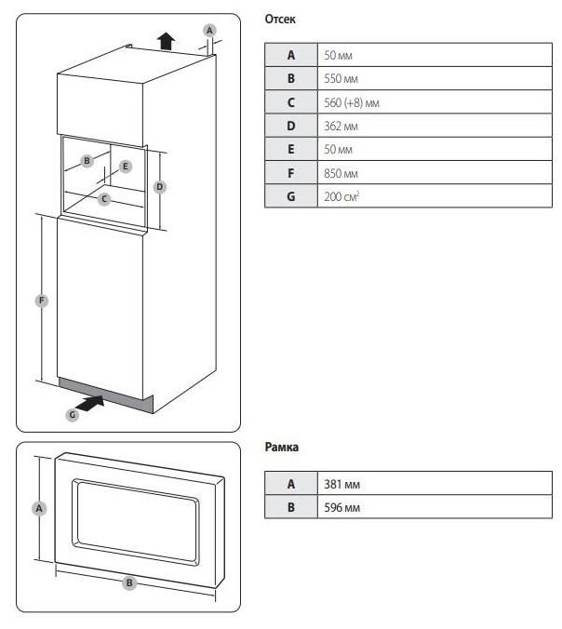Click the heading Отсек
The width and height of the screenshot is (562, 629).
tap(281, 20)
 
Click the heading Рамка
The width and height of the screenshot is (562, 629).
tap(282, 448)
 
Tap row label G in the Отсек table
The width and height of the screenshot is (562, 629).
tap(290, 197)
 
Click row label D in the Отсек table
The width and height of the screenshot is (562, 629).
tap(290, 126)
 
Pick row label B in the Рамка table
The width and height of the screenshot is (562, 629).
tap(290, 508)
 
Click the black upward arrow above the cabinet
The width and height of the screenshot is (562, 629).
tap(166, 40)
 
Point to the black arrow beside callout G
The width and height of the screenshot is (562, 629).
tap(91, 404)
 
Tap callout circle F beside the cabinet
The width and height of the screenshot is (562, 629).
tap(41, 301)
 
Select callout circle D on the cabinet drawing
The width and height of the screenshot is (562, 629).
tap(160, 186)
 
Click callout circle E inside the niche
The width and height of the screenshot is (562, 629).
tap(127, 167)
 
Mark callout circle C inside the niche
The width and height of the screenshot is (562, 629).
tap(105, 198)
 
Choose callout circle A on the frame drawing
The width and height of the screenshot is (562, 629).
tap(39, 508)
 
